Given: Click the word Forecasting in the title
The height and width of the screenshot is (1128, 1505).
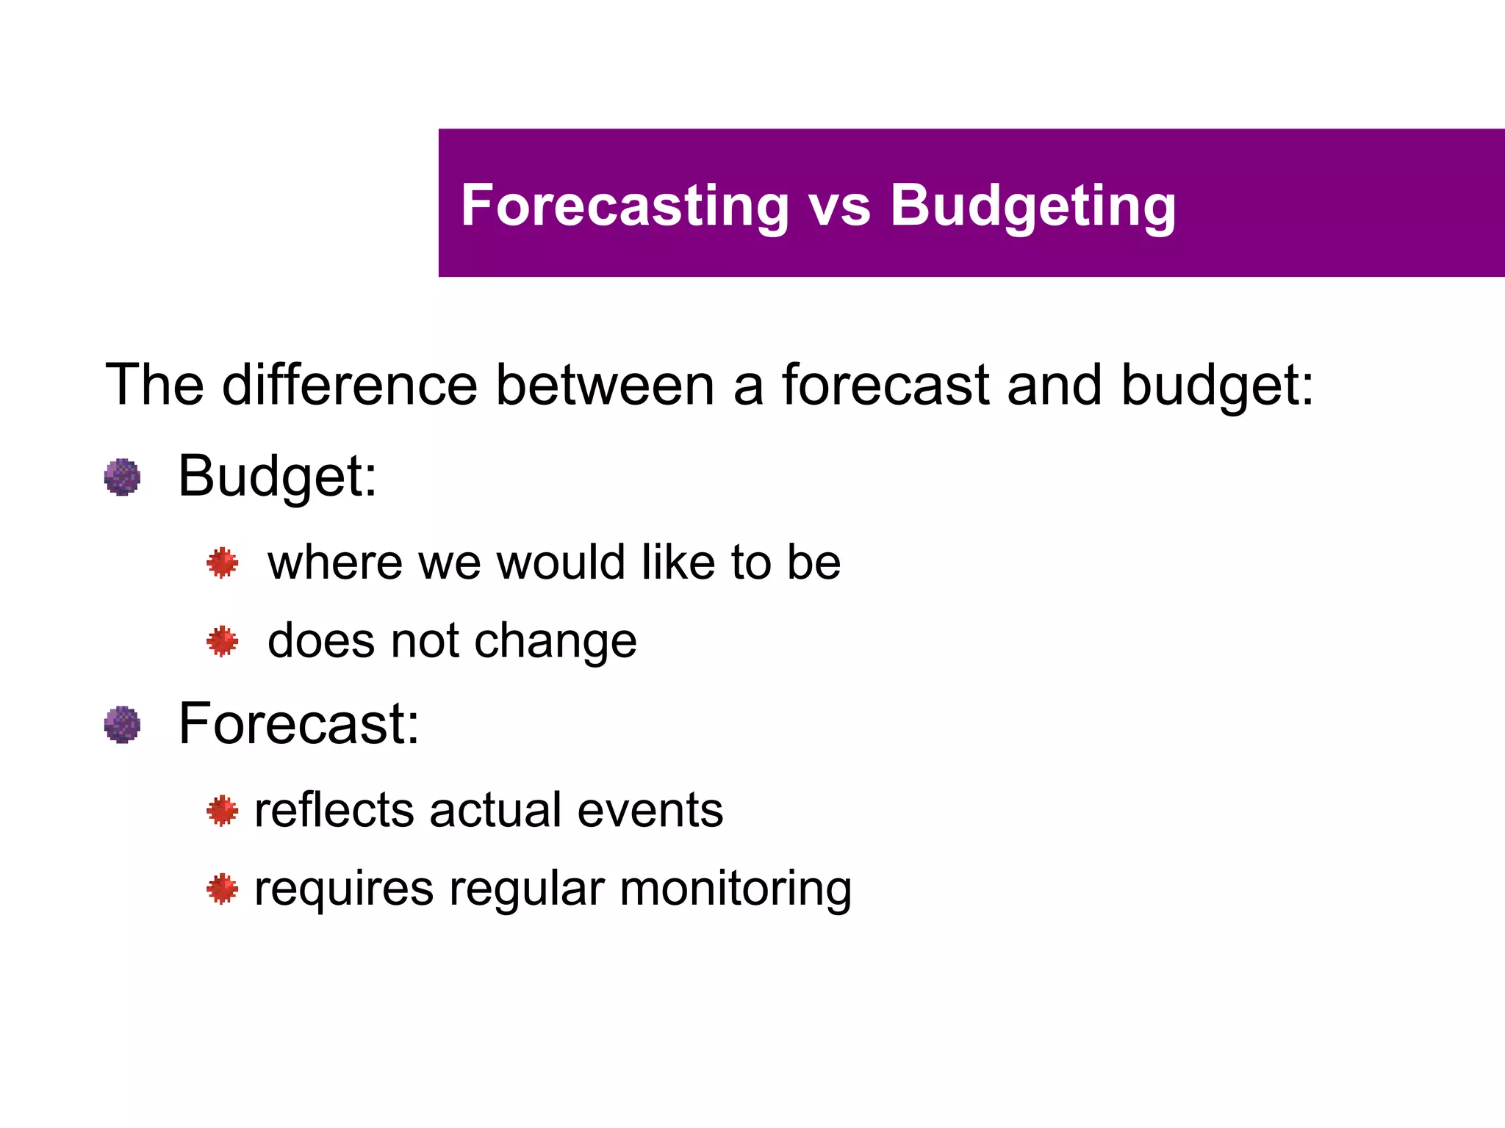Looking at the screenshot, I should point(625,206).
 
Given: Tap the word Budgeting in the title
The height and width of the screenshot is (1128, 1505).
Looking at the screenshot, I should point(1032,207).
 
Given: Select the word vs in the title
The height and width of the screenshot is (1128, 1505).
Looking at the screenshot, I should point(839,207).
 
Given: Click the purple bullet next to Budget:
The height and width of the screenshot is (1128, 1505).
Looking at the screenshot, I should point(122,477).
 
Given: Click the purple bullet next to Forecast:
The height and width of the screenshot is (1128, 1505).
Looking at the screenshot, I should point(122,725).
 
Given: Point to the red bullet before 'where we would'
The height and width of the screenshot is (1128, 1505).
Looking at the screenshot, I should point(222,563).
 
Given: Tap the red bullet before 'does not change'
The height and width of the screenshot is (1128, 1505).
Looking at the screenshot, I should point(222,642).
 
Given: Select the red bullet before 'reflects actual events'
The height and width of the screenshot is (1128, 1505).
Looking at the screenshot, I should point(222,811).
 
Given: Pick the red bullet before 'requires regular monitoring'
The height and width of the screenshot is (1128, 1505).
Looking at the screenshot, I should point(222,889).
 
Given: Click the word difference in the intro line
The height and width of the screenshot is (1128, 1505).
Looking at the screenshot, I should point(349,385).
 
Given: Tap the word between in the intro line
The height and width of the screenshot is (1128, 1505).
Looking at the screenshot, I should point(604,385).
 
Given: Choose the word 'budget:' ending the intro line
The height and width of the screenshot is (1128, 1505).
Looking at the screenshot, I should point(1217,386).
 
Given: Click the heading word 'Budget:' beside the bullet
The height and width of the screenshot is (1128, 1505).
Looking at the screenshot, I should point(277,477).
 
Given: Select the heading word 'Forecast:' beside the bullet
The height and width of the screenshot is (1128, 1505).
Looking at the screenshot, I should point(298,724).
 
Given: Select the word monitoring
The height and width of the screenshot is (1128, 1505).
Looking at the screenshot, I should point(736,890).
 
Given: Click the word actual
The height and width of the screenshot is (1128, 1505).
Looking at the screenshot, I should point(495,811).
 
